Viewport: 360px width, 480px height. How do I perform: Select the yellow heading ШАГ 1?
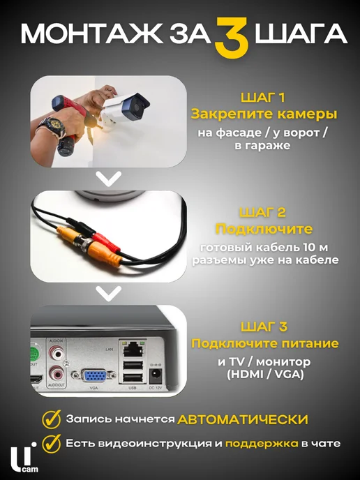coord(263,98)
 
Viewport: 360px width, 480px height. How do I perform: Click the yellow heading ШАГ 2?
coord(262,212)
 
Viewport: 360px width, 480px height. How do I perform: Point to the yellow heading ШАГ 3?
coord(264,327)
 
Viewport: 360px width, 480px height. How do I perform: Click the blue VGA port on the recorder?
coord(94,375)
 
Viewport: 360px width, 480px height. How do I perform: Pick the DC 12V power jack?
coord(155,375)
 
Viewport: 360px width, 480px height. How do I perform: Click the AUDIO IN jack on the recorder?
coord(57,353)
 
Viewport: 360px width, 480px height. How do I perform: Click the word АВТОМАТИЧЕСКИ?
coord(243,419)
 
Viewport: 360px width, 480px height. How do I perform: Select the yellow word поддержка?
coord(262,444)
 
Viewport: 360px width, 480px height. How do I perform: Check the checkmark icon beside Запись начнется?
coord(51,419)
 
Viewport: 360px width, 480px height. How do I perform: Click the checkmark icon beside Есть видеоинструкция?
coord(51,443)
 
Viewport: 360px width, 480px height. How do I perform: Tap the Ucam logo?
coord(24,458)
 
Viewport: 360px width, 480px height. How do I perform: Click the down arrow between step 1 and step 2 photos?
coord(109,179)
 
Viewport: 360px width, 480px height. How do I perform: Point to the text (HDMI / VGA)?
coord(265,375)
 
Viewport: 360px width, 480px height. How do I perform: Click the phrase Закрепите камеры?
coord(264,114)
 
